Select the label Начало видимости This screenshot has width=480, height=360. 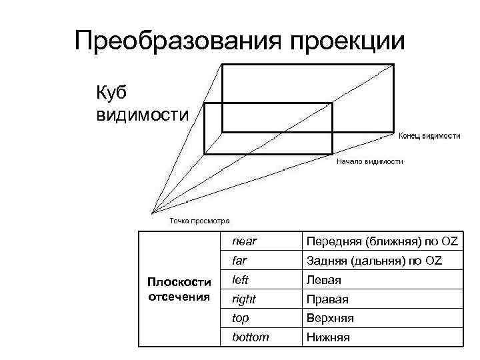[x=369, y=161]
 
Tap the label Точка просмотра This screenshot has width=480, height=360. [x=199, y=221]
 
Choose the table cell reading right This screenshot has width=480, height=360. [x=243, y=299]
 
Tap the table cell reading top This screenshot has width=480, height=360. [x=240, y=318]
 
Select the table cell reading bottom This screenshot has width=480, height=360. [x=251, y=337]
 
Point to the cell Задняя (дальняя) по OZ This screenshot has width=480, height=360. [x=374, y=260]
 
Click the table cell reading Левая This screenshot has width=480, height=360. [x=323, y=280]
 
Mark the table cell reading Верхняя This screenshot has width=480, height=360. [x=330, y=319]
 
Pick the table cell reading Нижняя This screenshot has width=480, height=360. [x=328, y=338]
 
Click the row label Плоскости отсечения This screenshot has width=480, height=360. [x=179, y=289]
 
